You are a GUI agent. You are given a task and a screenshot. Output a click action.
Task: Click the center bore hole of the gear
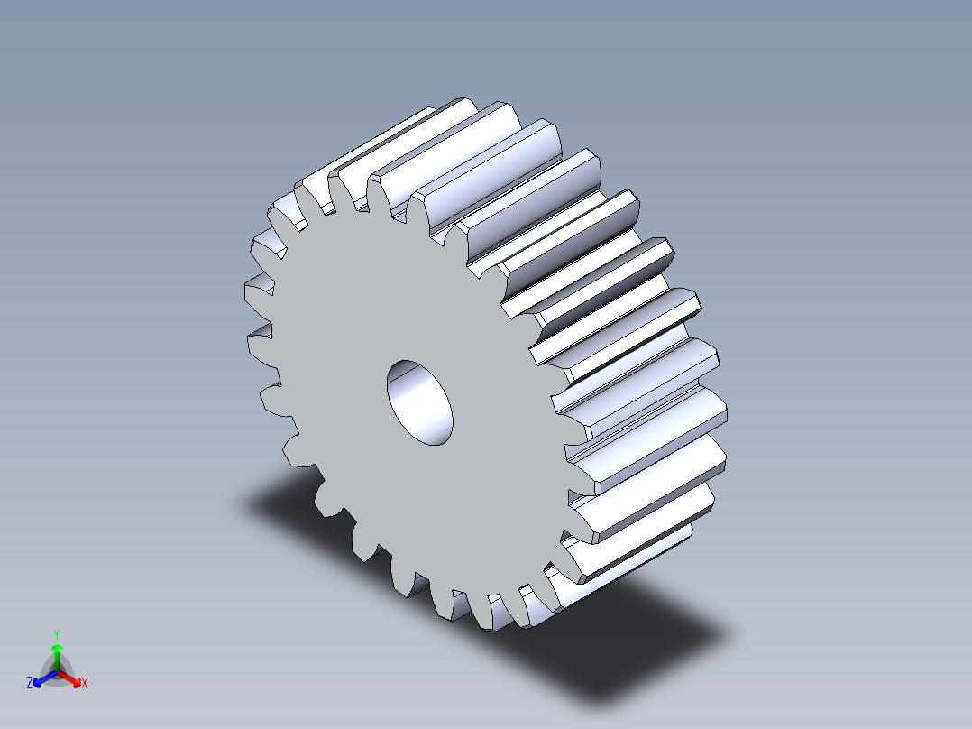(419, 402)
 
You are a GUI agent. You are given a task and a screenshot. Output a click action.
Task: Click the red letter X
(85, 684)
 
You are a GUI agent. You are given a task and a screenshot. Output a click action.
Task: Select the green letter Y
(57, 633)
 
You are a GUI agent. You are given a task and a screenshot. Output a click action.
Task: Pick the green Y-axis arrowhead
(57, 648)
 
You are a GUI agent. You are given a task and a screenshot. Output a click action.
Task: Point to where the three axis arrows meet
(57, 671)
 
